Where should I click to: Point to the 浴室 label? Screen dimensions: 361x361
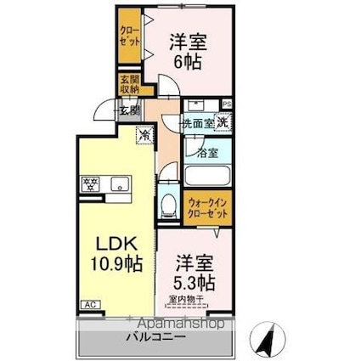[x=207, y=154]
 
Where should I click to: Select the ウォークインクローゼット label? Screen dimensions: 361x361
[x=208, y=208]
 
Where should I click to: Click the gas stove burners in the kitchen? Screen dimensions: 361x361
[x=89, y=183]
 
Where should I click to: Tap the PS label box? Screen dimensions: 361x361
[x=227, y=105]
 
